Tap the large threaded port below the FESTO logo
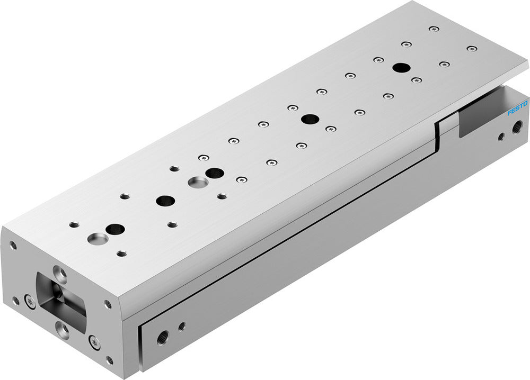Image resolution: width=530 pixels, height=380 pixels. point(517,126)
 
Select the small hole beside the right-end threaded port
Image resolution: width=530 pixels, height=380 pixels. point(501,137)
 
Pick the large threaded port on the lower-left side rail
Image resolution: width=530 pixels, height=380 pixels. point(163,336)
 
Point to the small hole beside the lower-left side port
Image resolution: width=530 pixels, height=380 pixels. point(182,326)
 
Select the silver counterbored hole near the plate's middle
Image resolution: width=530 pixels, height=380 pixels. point(198,183)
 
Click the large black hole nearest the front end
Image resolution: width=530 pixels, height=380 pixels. point(115,229)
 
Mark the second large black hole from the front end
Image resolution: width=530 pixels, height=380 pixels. point(165,201)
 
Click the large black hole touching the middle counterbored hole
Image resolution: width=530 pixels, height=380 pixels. point(215,173)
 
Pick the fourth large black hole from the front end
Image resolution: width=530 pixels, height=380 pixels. point(310,119)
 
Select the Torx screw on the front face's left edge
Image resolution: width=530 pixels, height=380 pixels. point(30,302)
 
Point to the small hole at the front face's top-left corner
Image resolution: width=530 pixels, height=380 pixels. point(13,245)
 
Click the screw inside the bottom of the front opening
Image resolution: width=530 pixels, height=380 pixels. point(63,331)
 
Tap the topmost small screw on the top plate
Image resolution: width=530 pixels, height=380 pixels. point(434,29)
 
